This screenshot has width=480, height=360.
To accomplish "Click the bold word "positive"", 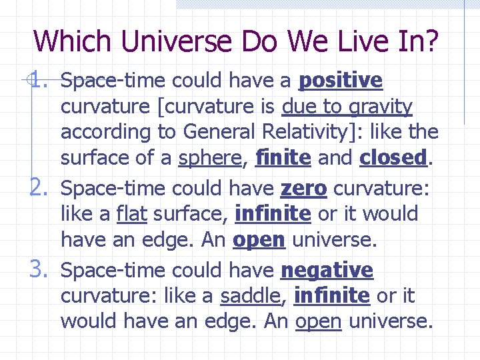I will pos(341,81).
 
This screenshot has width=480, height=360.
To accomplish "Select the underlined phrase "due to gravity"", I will pos(347,107).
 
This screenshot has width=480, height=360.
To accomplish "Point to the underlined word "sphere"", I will pos(209,158).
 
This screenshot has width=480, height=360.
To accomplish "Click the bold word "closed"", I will pos(393,158).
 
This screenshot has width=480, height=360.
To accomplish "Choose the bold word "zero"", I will pos(303,189).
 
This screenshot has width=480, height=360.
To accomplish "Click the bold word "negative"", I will pos(327,271).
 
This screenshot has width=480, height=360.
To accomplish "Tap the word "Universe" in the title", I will pos(181,41).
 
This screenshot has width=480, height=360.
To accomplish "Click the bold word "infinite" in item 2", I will pos(273,214).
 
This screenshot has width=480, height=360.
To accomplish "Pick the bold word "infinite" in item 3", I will pos(331,296).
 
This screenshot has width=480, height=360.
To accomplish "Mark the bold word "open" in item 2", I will pos(259,240).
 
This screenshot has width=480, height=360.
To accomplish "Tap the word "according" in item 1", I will pos(102,132).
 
